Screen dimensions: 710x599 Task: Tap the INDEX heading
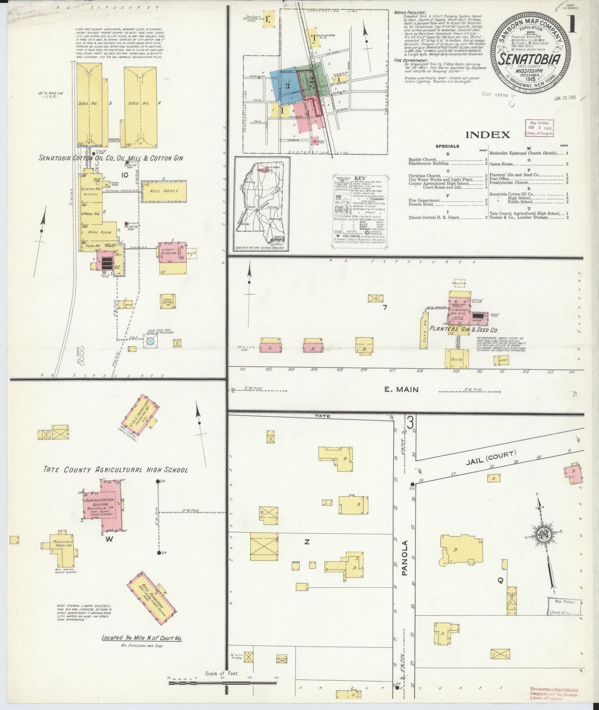tap(487, 135)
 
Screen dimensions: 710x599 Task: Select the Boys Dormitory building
tap(153, 597)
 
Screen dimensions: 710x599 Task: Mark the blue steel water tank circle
tap(150, 342)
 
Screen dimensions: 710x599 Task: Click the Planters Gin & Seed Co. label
tap(463, 330)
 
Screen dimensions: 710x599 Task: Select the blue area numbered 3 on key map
tap(286, 85)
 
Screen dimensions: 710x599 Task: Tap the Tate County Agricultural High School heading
tap(116, 470)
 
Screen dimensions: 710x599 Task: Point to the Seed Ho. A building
tap(139, 104)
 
